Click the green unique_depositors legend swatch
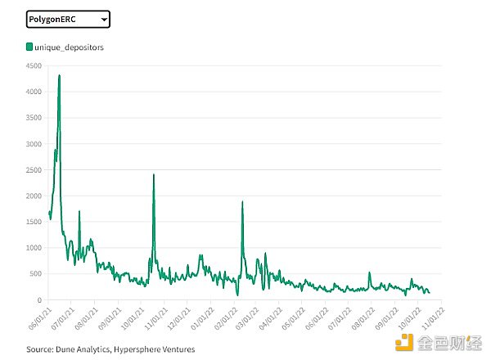click(30, 47)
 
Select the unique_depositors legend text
click(70, 47)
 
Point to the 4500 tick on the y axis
click(33, 67)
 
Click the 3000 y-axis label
click(33, 144)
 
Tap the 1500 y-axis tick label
click(33, 222)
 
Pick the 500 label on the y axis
click(35, 274)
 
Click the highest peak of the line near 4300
click(60, 76)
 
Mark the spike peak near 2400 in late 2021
click(154, 174)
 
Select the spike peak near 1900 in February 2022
click(242, 201)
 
